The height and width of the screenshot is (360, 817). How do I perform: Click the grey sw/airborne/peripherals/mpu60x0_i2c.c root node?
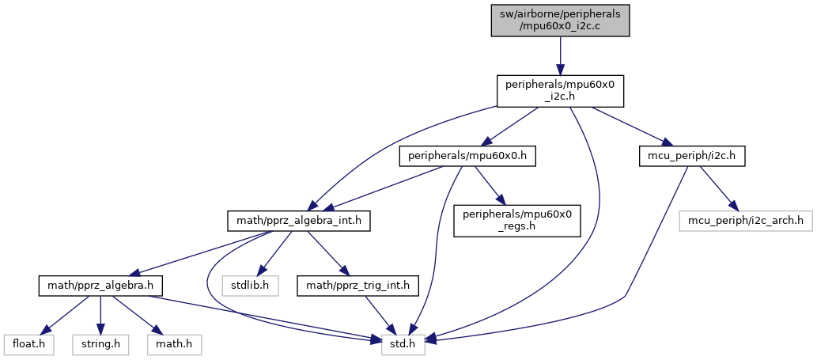pos(560,18)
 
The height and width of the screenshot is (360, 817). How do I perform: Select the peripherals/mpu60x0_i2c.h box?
pos(560,91)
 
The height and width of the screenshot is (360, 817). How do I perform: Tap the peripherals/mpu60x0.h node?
pos(467,157)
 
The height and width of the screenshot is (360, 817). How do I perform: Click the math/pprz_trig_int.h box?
pos(353,282)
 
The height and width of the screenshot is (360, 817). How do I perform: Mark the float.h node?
pos(28,344)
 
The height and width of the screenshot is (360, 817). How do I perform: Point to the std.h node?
pos(404,344)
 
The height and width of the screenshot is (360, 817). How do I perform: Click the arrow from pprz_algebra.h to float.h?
pos(60,315)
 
